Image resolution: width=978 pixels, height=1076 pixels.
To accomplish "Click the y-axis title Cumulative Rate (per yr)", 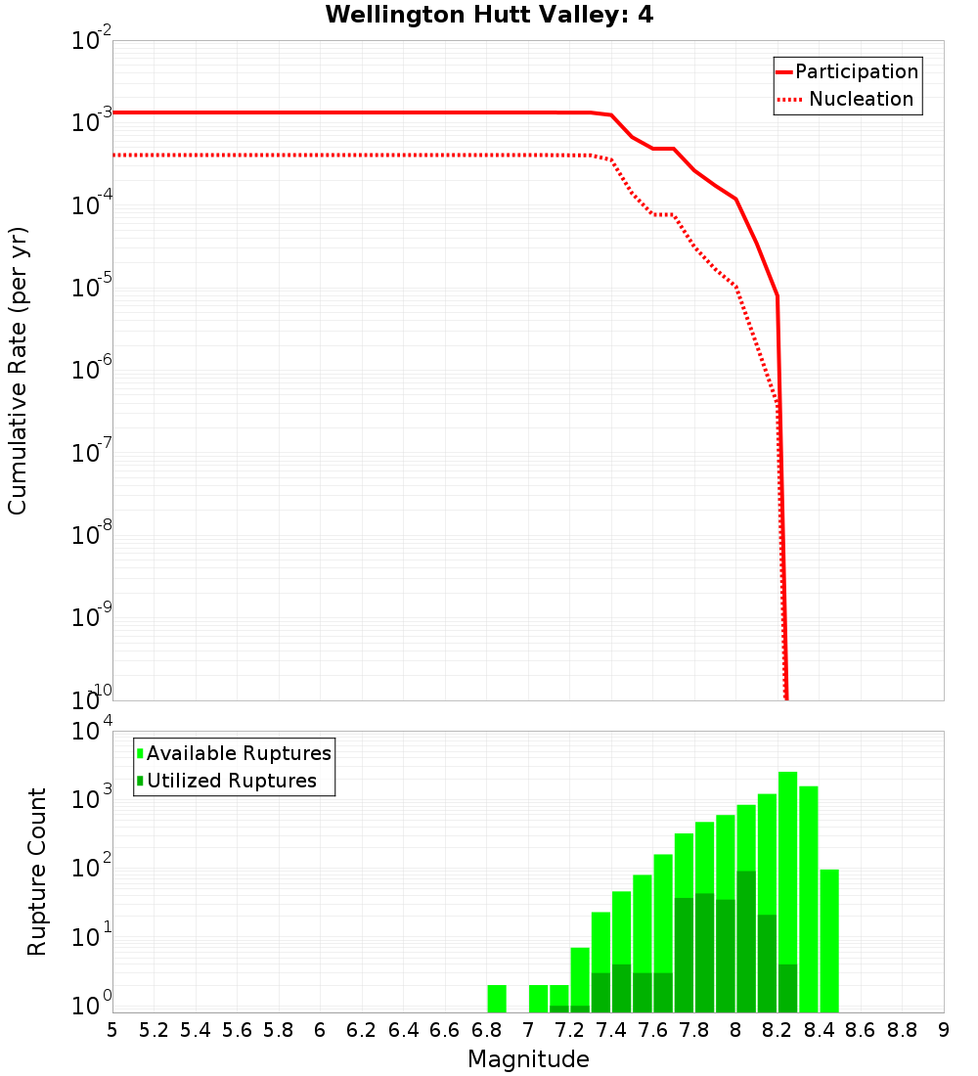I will click(18, 371).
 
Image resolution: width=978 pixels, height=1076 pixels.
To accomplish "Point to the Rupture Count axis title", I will click(37, 872).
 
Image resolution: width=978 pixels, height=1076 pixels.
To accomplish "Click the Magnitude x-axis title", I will click(528, 1059).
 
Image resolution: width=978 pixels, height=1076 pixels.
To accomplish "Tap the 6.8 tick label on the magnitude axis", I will click(487, 1030).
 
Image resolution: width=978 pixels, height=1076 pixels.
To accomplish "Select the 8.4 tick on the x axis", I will click(820, 1030).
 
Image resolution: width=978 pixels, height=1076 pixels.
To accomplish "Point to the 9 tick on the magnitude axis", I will click(944, 1030).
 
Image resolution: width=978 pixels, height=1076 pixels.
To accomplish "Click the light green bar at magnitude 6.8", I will click(497, 999).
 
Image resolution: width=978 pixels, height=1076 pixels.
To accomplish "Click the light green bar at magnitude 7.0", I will click(538, 999).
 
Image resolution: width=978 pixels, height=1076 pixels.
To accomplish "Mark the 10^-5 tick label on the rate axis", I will click(92, 289).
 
